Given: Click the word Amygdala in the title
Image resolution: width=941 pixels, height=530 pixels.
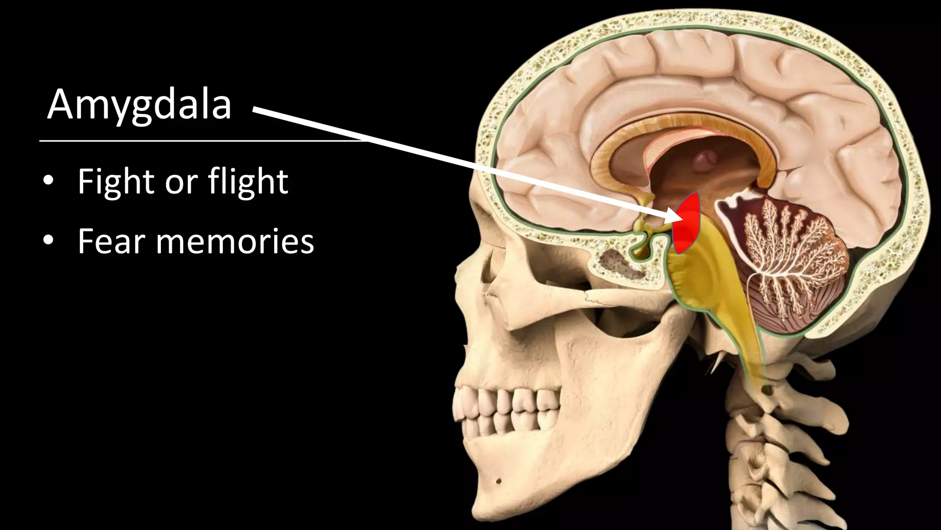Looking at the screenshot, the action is tap(139, 105).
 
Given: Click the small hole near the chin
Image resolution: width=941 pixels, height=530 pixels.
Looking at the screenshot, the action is tap(499, 482).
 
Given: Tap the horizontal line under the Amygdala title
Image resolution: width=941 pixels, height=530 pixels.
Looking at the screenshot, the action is tap(202, 141).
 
